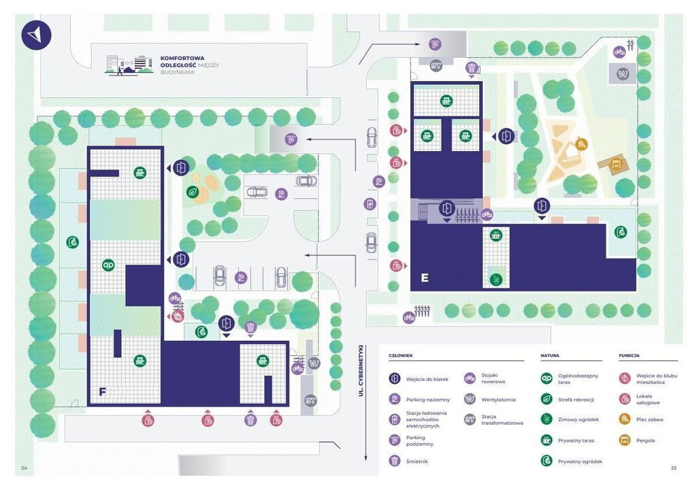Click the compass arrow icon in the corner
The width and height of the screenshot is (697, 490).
[36, 34]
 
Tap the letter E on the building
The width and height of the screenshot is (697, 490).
[425, 278]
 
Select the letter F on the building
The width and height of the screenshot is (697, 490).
[102, 392]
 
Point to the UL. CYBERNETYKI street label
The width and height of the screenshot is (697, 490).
[361, 370]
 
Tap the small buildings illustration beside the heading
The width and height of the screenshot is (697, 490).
[129, 65]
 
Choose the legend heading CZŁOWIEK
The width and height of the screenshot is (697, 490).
[400, 356]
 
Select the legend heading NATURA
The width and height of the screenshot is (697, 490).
[550, 356]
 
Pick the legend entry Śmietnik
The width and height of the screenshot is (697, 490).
[417, 461]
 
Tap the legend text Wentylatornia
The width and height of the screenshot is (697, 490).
[498, 399]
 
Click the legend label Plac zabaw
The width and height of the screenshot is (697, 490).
[649, 419]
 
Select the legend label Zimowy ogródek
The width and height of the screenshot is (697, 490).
[579, 419]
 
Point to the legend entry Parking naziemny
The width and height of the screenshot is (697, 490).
[427, 399]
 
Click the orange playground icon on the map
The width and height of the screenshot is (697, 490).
[581, 144]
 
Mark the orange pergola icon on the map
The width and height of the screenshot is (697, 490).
[615, 163]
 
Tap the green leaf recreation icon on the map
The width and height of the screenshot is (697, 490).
[193, 192]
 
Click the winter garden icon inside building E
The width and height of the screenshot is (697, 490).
[496, 280]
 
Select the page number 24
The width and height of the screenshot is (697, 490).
[24, 468]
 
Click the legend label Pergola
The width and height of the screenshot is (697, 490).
[645, 440]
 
